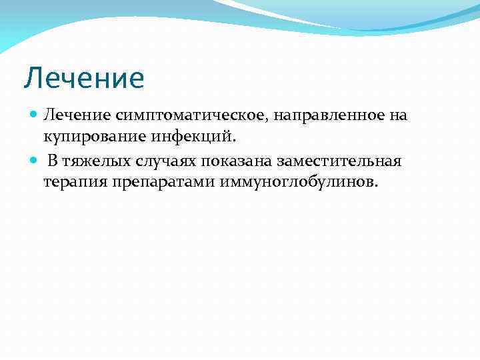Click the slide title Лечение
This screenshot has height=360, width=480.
(84, 79)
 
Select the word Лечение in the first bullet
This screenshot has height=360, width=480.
(69, 115)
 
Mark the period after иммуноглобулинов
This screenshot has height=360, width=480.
(375, 187)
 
